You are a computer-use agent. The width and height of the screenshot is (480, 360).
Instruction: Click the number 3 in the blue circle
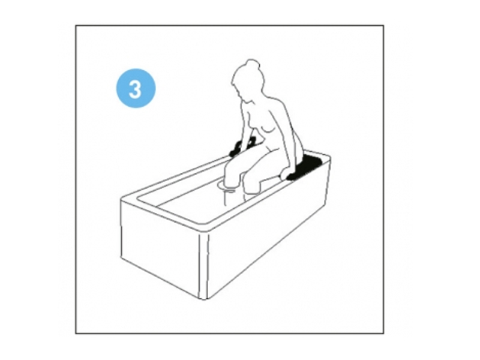click(x=136, y=89)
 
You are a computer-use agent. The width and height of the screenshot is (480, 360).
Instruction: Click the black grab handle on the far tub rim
click(x=244, y=147)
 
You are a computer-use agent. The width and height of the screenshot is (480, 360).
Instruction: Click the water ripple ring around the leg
click(x=227, y=187)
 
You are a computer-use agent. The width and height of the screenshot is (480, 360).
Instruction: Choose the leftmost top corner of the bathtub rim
click(x=121, y=199)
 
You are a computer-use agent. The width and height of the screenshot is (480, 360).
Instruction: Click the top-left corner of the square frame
click(x=76, y=26)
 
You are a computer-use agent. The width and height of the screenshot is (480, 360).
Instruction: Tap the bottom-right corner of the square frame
click(x=383, y=334)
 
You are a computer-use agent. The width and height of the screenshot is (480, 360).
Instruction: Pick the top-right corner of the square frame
click(x=383, y=26)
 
